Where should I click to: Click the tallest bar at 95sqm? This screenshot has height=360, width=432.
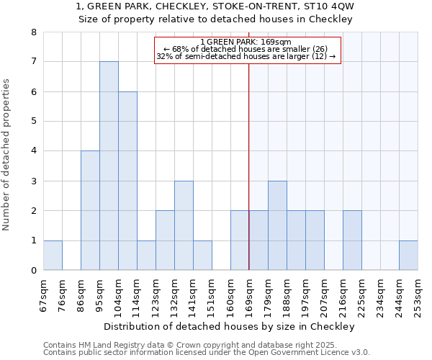[109, 166]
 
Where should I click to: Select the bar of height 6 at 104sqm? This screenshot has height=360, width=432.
[127, 181]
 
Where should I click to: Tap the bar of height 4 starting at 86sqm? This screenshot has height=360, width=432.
[90, 210]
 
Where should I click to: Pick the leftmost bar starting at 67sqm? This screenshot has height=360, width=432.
[53, 255]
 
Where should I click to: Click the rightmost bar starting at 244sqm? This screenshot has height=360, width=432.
[408, 255]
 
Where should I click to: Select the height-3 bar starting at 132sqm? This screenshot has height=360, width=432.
[184, 225]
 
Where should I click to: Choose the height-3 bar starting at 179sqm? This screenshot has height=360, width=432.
[277, 225]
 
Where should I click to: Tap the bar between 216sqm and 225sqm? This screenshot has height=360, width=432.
[352, 240]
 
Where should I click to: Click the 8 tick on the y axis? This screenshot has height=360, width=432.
[33, 32]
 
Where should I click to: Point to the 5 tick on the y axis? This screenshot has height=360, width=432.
[33, 122]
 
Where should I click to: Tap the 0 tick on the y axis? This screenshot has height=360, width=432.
[33, 271]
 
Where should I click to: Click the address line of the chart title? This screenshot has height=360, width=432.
[215, 6]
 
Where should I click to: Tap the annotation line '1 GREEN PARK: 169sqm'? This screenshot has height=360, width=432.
[246, 42]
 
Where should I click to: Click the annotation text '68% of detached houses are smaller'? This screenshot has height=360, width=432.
[246, 49]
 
